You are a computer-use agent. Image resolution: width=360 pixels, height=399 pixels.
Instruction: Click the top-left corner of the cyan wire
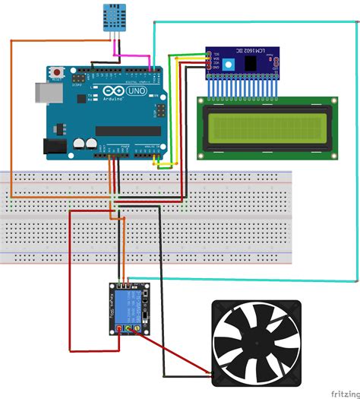click(x=154, y=22)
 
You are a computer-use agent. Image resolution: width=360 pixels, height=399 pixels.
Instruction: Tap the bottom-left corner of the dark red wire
click(x=71, y=351)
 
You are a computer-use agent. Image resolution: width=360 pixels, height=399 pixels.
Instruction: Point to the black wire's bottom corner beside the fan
click(x=163, y=373)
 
